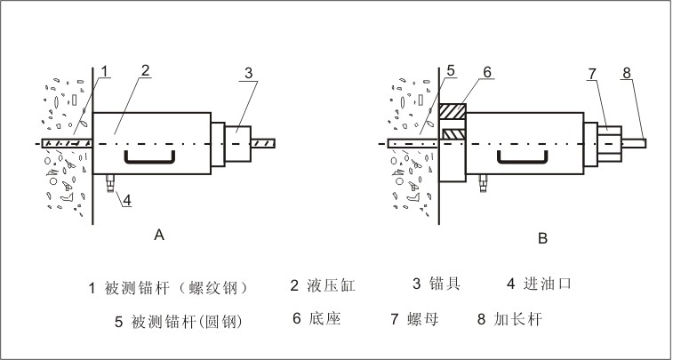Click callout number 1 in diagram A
tap(104, 70)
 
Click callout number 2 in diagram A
tap(145, 70)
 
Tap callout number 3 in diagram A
tap(248, 71)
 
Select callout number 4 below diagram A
tap(126, 200)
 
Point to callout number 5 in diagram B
tap(451, 70)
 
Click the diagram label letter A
tap(158, 236)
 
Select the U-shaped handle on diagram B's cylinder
tap(522, 157)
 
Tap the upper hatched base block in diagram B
tap(453, 114)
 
